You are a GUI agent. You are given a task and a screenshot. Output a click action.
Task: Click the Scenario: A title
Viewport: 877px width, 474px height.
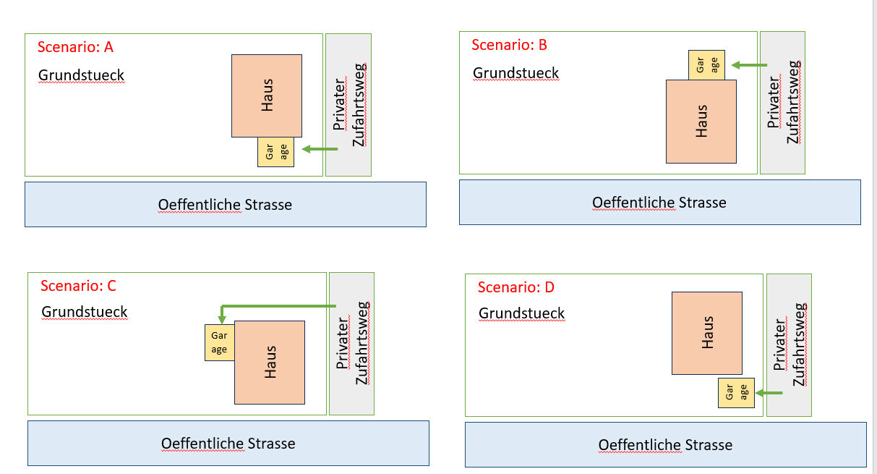coord(75,48)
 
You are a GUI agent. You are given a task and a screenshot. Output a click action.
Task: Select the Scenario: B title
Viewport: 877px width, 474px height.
coord(509,45)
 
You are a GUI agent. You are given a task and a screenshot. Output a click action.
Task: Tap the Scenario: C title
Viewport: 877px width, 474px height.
coord(78,286)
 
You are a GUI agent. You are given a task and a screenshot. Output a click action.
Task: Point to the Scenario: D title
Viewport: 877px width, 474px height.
coord(515,287)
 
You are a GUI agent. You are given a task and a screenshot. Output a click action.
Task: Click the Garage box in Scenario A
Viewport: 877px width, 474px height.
coord(275,152)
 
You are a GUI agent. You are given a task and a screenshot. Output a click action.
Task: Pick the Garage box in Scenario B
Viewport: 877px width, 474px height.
coord(706,65)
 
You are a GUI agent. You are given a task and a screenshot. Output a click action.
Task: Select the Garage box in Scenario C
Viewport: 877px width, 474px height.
coord(219,342)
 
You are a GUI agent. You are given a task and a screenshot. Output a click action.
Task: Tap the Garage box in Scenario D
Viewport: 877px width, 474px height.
coord(736,392)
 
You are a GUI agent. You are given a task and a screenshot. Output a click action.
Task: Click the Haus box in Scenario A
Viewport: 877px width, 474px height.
coord(267,96)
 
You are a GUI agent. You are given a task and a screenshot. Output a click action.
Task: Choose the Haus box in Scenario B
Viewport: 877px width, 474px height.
coord(701,121)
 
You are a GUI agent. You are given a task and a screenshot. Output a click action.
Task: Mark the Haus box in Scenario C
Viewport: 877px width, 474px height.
coord(270,362)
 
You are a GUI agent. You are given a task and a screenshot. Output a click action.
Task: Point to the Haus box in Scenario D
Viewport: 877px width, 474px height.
coord(706,333)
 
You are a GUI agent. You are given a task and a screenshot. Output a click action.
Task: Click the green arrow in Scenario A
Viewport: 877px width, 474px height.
coord(320,149)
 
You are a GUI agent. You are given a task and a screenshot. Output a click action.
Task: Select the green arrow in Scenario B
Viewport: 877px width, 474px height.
coord(749,65)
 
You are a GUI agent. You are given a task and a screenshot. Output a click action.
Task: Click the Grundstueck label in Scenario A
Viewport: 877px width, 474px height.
coord(81,75)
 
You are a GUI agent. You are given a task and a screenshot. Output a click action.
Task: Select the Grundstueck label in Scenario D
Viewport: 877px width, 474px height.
coord(521,313)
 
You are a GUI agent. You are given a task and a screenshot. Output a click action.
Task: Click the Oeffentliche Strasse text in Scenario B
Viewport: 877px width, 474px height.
coord(659,203)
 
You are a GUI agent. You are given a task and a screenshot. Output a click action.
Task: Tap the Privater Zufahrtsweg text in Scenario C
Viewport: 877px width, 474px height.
coord(352,343)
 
